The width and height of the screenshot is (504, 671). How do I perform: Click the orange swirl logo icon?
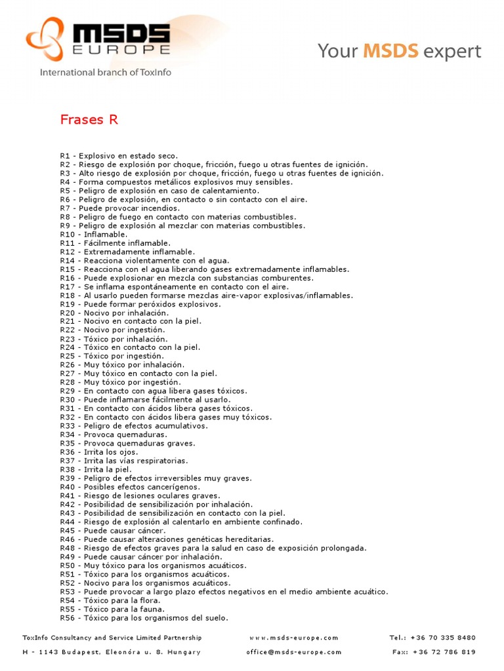(x=45, y=39)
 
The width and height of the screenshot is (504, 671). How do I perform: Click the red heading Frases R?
(x=89, y=119)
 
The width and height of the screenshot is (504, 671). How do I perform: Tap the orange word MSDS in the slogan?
(x=392, y=51)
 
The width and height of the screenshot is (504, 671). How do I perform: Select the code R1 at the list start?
(x=65, y=156)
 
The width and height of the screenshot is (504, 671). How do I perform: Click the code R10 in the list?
(x=68, y=235)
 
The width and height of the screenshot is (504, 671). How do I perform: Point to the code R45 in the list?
(x=68, y=531)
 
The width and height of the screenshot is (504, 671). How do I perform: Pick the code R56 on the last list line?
(x=68, y=618)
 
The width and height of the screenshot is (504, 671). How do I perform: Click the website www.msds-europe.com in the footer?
(x=293, y=638)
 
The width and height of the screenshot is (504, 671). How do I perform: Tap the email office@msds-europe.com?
(x=294, y=652)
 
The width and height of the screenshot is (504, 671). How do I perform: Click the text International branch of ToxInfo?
(x=106, y=73)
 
